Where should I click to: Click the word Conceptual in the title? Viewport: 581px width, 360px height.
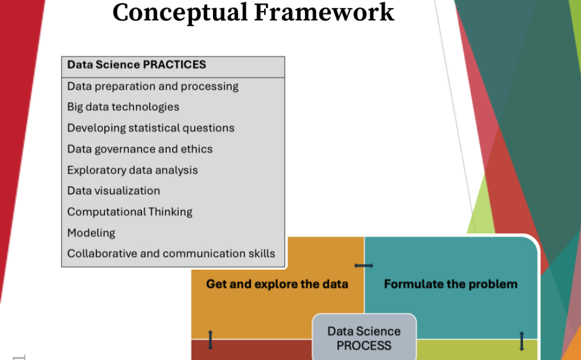[180, 13]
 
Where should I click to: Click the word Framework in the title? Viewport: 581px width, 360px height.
[324, 12]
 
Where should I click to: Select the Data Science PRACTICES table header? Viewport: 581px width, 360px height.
[137, 65]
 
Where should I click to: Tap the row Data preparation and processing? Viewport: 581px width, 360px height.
[152, 86]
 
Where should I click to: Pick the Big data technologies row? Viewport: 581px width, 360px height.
[123, 107]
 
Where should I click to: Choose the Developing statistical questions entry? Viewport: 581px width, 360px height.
[151, 128]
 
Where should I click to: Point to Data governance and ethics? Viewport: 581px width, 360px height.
[140, 149]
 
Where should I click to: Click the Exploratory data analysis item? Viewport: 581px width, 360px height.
[132, 170]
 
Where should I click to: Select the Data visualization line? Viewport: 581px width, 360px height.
[113, 191]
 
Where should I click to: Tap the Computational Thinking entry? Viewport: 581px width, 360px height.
[130, 212]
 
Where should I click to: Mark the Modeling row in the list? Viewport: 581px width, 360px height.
[91, 233]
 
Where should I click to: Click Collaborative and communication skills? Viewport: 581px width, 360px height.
[171, 254]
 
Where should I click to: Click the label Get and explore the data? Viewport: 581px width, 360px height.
[277, 284]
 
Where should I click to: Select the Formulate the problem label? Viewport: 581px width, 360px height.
[450, 284]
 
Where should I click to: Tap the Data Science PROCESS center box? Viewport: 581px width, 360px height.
[364, 338]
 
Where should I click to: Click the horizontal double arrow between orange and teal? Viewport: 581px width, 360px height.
[364, 266]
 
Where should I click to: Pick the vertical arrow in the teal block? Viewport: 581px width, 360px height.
[522, 341]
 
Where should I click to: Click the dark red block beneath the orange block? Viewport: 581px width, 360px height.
[252, 350]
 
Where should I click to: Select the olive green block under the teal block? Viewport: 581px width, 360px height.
[477, 350]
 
